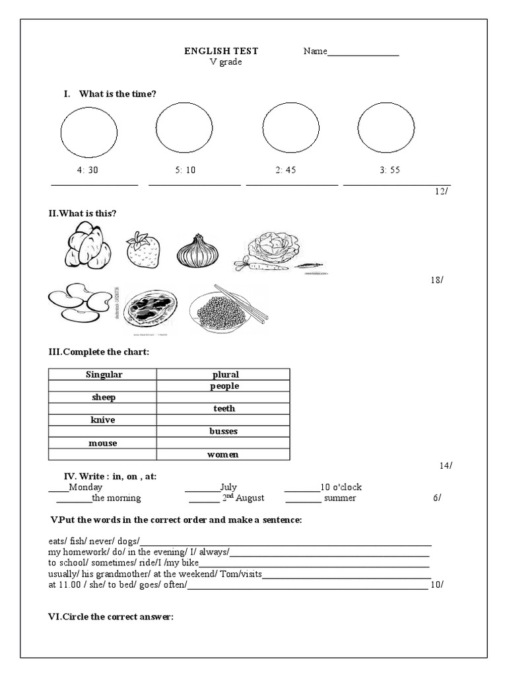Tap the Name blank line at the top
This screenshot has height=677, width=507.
coord(363,54)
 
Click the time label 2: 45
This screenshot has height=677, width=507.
coord(286,170)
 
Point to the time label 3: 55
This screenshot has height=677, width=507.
coord(389,170)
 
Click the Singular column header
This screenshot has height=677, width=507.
coord(104,375)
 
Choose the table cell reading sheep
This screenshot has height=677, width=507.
coord(103,397)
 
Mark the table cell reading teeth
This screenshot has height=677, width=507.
coord(224,409)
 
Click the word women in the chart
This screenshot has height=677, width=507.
coord(224,454)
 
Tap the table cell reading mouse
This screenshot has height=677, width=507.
coord(103,443)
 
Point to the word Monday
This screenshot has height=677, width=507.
coord(85,487)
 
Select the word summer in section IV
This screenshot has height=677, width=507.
coord(340,498)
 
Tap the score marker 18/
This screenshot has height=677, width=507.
coord(436,280)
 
